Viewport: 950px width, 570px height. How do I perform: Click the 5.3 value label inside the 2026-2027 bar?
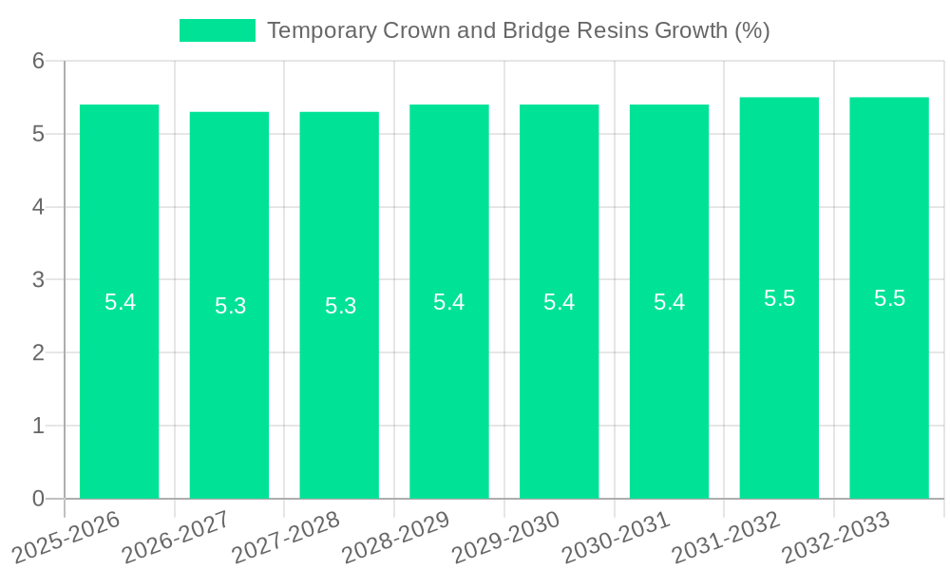click(230, 306)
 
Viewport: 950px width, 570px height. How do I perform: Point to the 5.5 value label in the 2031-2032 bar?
click(779, 298)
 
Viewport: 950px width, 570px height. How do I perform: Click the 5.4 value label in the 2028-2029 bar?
click(448, 302)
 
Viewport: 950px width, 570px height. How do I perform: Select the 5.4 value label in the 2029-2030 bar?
click(559, 302)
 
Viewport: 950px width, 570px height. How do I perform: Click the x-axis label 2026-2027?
click(178, 536)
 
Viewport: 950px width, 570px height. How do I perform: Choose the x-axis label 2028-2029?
click(397, 536)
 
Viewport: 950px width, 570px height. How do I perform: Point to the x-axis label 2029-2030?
click(507, 536)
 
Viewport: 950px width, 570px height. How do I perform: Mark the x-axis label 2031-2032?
click(728, 536)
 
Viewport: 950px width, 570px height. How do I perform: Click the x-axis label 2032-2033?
click(837, 536)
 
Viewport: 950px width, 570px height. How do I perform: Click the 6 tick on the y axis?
click(38, 62)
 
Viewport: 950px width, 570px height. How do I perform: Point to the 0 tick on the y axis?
click(38, 499)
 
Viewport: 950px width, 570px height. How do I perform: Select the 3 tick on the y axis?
click(38, 280)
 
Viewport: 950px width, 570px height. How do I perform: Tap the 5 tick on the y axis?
click(38, 134)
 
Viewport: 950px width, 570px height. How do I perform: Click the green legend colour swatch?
click(218, 30)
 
